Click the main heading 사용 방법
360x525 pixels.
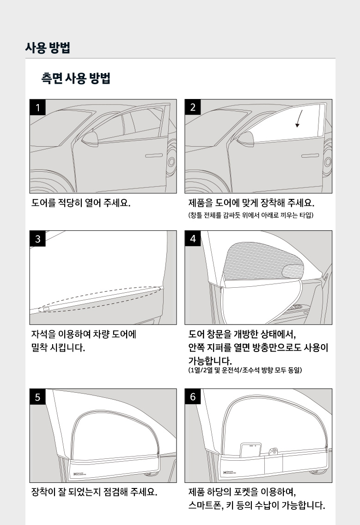coord(48,48)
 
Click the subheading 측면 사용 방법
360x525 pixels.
coord(76,78)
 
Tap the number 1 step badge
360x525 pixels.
coord(37,107)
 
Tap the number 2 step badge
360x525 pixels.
coord(193,107)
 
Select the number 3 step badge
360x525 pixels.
coord(37,239)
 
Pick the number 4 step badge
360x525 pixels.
coord(193,239)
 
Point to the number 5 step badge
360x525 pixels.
coord(37,397)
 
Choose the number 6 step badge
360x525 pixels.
coord(193,397)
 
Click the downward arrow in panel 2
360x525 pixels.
coord(299,119)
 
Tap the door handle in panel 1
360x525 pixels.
coord(153,155)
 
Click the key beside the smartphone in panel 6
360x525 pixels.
coord(273,451)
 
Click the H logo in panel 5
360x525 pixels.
coord(79,474)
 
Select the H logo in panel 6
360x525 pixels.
coord(230,472)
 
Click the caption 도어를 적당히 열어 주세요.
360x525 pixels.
coord(80,203)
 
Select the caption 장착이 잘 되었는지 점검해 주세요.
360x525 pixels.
coord(94,492)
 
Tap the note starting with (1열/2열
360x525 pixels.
coord(245,370)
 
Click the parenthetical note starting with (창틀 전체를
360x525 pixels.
coord(251,215)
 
